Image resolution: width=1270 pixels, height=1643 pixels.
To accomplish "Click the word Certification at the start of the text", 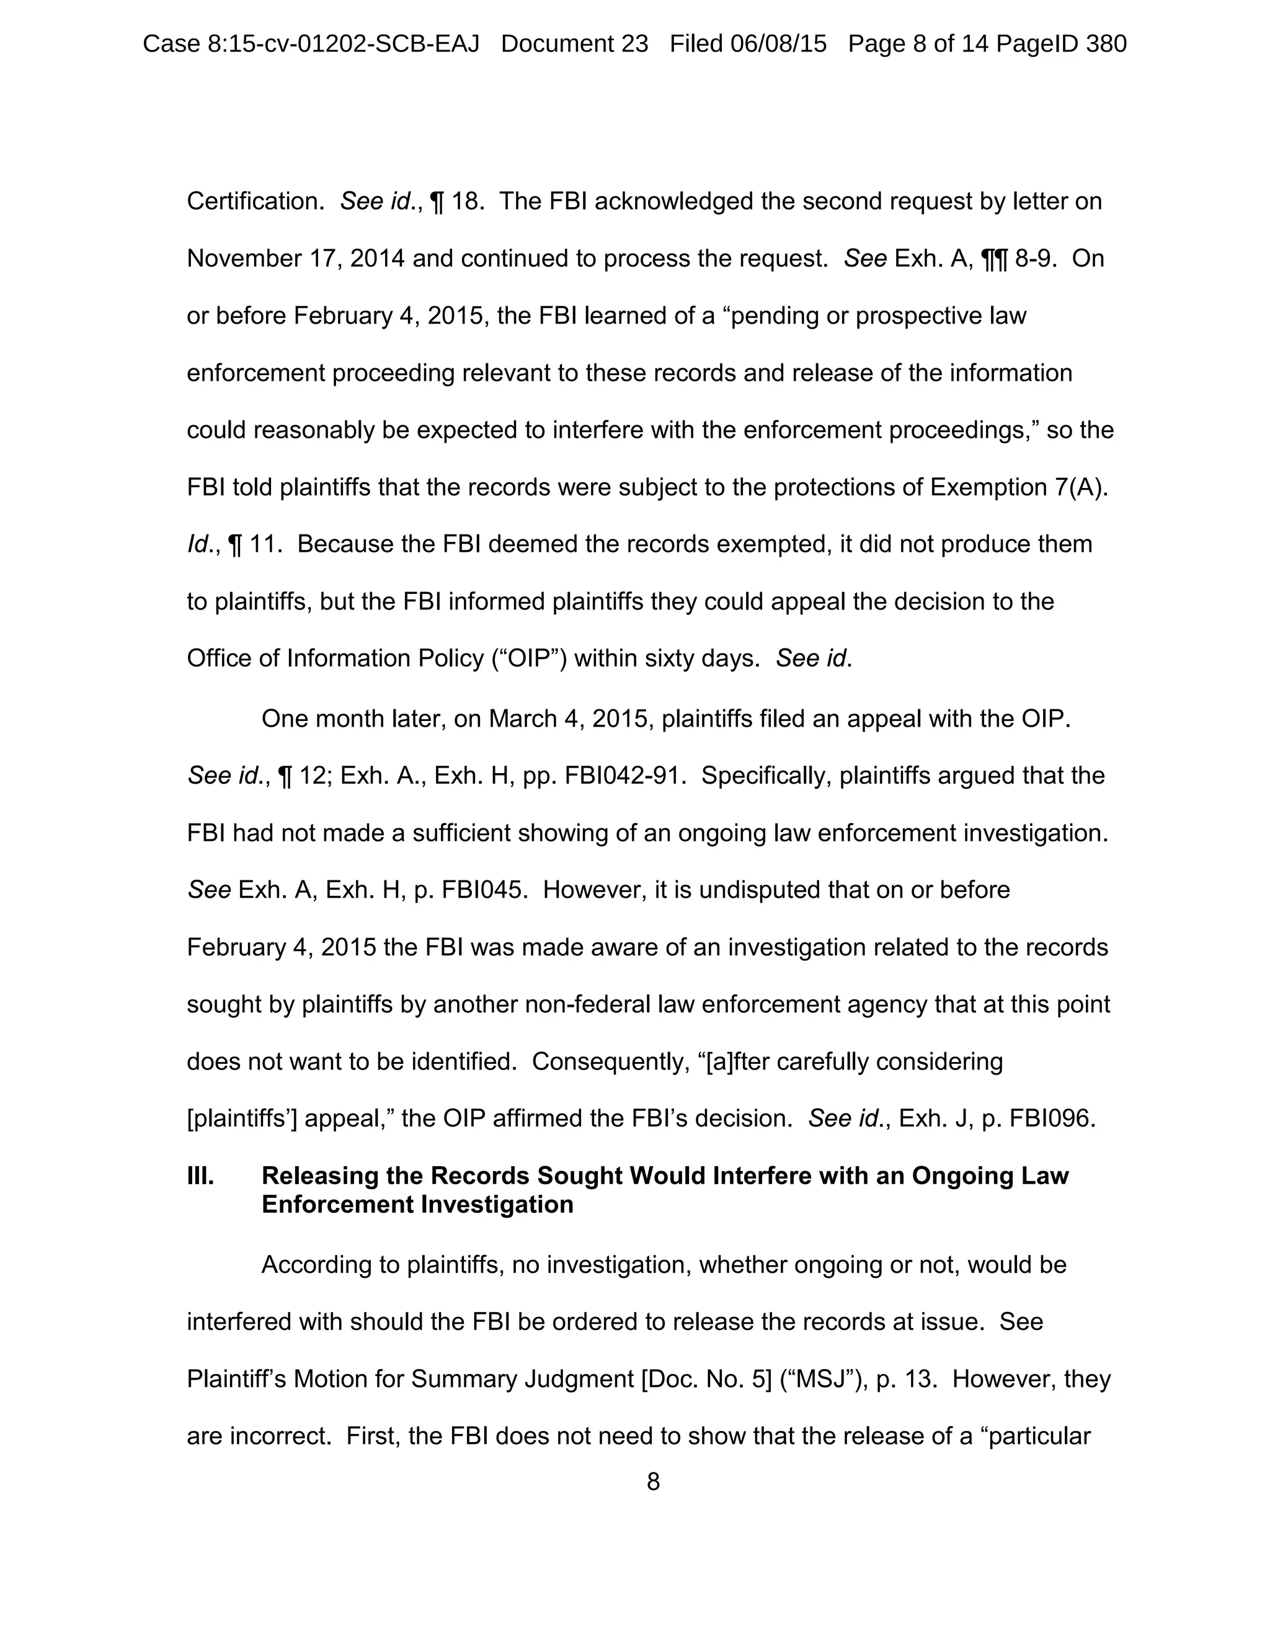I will pos(255,201).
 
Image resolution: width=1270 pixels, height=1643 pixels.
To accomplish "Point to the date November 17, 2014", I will pos(296,259).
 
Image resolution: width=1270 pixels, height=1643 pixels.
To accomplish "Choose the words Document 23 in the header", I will pos(574,45).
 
